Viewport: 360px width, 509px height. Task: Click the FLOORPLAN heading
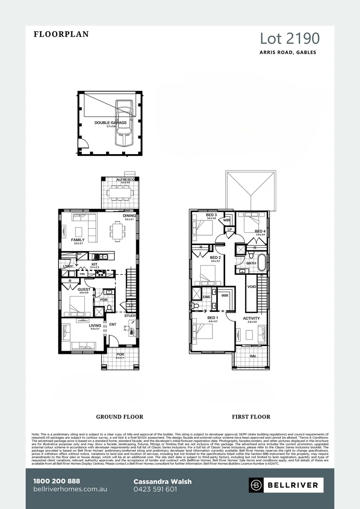click(x=61, y=34)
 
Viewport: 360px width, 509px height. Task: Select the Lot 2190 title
click(x=290, y=38)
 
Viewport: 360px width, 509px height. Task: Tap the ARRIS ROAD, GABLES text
click(x=287, y=52)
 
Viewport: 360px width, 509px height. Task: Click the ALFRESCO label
click(x=125, y=180)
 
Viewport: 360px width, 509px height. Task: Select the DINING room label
click(x=129, y=216)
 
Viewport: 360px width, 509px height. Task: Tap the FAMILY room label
click(x=78, y=240)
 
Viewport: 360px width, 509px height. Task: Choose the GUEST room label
click(x=84, y=289)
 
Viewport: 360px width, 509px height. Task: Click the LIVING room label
click(x=95, y=325)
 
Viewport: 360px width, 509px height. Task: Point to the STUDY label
click(x=130, y=316)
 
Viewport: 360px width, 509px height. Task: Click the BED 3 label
click(x=211, y=215)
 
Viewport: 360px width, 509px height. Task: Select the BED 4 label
click(x=260, y=231)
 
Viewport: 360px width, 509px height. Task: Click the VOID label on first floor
click(x=252, y=287)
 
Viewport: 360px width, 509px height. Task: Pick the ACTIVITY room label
click(x=251, y=318)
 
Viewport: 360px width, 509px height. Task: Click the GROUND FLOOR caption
click(x=119, y=417)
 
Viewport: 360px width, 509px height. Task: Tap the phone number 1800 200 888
click(x=57, y=481)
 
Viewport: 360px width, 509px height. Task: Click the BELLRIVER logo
click(x=284, y=485)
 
